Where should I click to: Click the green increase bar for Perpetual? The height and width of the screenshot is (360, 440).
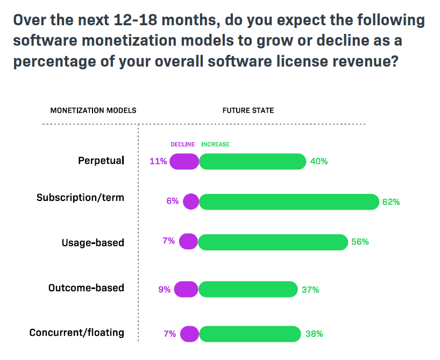[x=252, y=161]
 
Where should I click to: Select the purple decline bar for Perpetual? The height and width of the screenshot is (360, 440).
[x=184, y=161]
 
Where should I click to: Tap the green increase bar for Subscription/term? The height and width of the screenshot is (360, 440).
[x=289, y=202]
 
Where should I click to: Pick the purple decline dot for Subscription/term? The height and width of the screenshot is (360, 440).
[x=190, y=202]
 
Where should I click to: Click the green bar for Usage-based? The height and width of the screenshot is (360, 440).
[x=273, y=242]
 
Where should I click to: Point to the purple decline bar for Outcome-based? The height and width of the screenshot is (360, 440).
[x=186, y=289]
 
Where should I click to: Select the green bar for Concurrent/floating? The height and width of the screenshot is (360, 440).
[x=249, y=334]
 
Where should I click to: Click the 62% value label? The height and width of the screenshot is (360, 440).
[x=391, y=202]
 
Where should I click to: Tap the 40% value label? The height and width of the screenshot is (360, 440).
[x=319, y=161]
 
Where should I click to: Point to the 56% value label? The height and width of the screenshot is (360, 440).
[x=360, y=242]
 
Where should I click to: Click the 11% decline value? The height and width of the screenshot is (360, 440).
[x=158, y=161]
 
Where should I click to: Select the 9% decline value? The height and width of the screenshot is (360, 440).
[x=164, y=290]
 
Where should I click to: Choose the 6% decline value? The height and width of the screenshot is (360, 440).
[x=172, y=201]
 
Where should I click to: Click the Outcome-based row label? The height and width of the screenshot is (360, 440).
[x=86, y=288]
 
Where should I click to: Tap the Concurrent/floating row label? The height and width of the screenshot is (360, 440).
[x=76, y=333]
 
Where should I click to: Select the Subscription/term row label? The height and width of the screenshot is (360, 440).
[x=80, y=198]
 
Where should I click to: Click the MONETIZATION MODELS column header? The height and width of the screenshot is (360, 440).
[x=93, y=111]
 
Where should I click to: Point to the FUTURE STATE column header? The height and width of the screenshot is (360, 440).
[x=248, y=111]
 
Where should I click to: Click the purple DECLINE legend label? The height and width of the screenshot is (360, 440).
[x=182, y=145]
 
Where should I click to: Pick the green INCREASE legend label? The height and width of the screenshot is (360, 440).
[x=215, y=145]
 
